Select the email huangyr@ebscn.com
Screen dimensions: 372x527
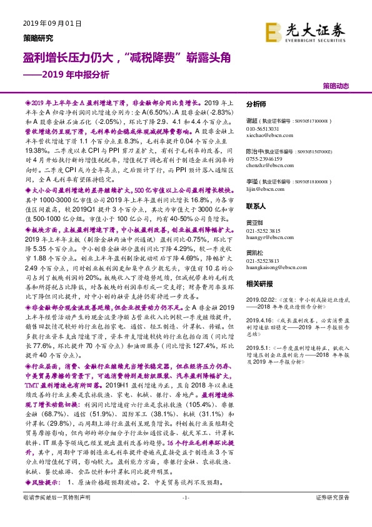tap(267, 238)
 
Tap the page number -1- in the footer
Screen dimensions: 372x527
tap(185, 514)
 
